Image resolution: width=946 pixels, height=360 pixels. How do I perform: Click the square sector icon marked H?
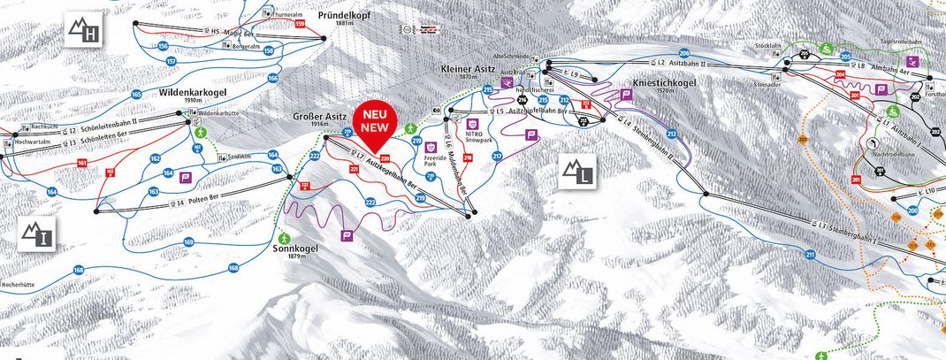(x=86, y=33)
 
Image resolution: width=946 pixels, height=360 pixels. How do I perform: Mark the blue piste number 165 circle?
(x=136, y=94)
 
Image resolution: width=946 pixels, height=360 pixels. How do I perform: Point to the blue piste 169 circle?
(x=188, y=241)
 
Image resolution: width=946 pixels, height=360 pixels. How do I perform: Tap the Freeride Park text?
(x=431, y=163)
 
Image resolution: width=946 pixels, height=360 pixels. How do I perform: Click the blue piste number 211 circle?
(x=810, y=255)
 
